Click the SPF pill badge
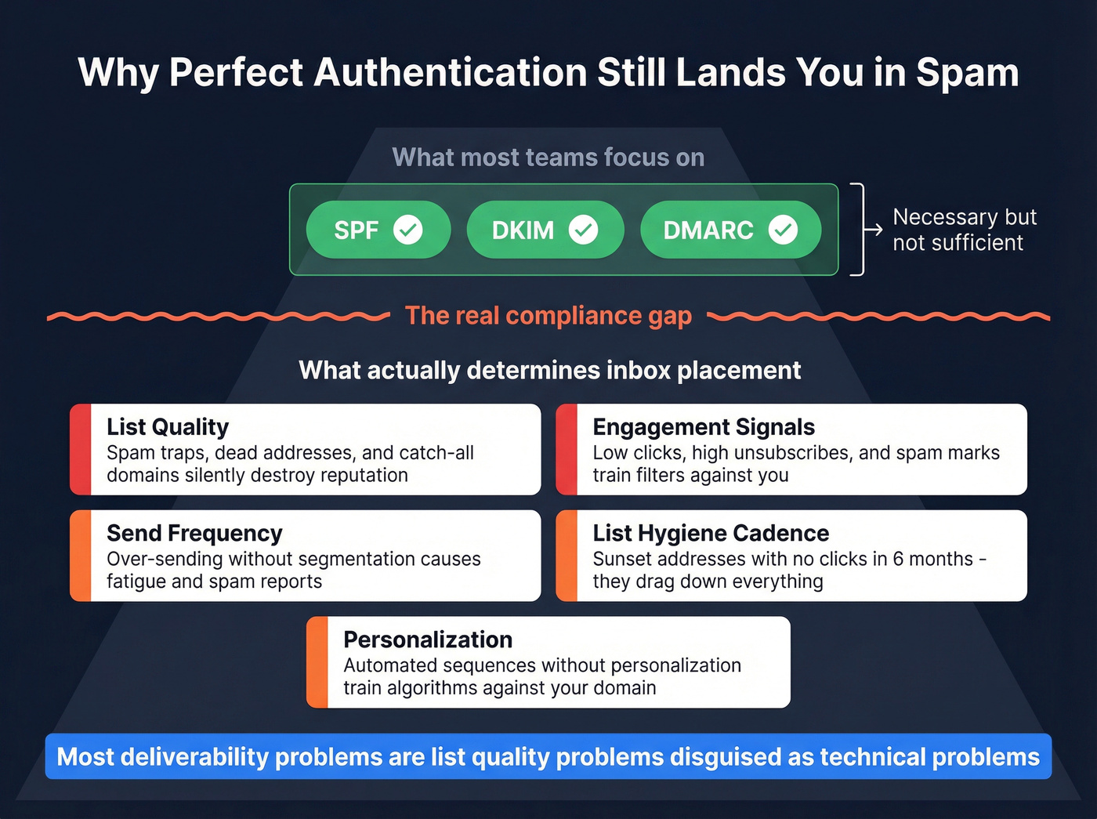click(378, 230)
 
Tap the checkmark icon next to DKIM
click(583, 230)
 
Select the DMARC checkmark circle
click(783, 230)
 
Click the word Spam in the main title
click(968, 73)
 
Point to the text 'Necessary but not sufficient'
click(964, 230)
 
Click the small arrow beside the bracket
click(873, 230)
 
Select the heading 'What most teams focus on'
click(548, 158)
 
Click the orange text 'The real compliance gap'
click(548, 316)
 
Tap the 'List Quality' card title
click(168, 427)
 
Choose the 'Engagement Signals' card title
click(704, 427)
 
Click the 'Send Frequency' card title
click(194, 534)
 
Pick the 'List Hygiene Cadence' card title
click(711, 534)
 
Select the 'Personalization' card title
click(428, 640)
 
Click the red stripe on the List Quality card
click(81, 449)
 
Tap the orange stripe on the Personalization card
click(317, 662)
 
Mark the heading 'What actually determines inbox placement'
click(549, 370)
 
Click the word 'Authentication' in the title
click(450, 73)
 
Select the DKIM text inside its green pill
click(523, 230)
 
